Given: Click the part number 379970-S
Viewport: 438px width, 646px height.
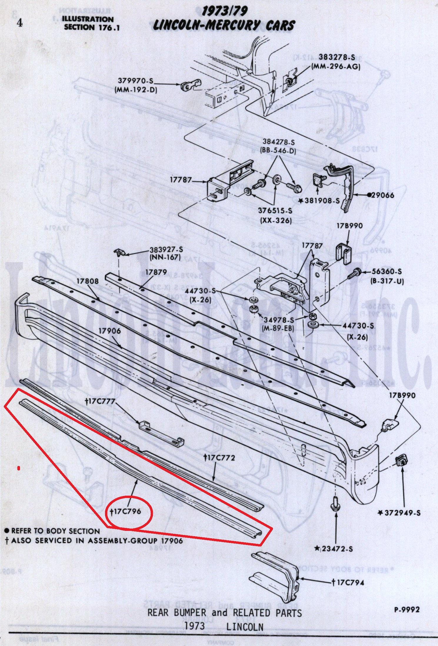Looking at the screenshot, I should (x=136, y=80).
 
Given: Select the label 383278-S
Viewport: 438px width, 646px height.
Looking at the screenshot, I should (x=337, y=57).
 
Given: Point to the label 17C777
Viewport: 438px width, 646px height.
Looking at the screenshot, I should (x=100, y=401).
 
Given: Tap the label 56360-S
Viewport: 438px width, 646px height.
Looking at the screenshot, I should (x=387, y=272).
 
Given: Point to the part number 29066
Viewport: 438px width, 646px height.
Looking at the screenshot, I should (x=382, y=195).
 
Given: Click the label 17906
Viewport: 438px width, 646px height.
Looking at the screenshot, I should (x=109, y=331).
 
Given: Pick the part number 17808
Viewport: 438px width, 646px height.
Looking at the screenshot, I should (x=88, y=281).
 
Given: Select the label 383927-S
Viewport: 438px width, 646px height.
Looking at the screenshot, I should (x=166, y=250).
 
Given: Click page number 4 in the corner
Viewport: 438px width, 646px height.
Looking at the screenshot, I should (x=19, y=23).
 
